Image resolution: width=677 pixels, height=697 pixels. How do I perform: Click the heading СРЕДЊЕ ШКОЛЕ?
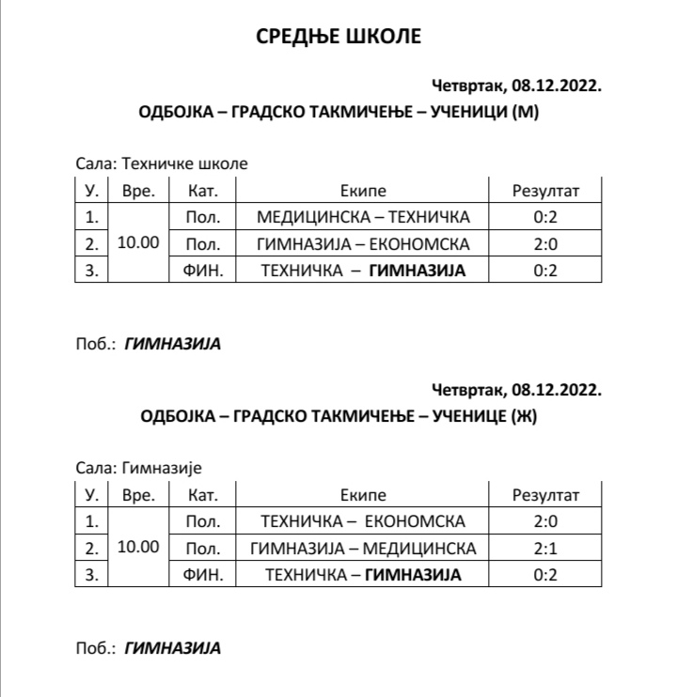[x=338, y=37]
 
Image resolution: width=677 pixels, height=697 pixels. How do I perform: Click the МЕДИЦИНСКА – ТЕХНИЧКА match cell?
[x=363, y=218]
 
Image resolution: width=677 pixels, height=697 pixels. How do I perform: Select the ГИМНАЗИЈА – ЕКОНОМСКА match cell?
[x=363, y=244]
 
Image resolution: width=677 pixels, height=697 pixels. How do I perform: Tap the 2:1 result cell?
[x=545, y=549]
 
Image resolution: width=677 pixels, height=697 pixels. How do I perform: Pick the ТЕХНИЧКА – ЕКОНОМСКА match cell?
[x=363, y=521]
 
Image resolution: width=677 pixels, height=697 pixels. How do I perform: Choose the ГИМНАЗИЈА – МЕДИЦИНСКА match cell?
[x=363, y=549]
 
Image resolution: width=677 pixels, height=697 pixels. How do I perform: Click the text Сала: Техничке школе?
[x=162, y=163]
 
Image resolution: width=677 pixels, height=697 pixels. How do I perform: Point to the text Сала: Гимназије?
[x=139, y=467]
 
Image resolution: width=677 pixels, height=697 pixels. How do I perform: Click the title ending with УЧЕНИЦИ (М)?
[x=338, y=112]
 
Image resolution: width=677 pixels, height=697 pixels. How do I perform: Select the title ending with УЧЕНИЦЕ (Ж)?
[x=338, y=414]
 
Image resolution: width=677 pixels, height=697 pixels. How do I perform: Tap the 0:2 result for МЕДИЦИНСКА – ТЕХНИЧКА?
[x=545, y=218]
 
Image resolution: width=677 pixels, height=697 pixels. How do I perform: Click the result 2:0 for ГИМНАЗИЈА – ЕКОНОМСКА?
[x=545, y=244]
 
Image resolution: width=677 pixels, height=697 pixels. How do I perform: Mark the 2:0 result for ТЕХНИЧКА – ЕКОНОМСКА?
[x=545, y=521]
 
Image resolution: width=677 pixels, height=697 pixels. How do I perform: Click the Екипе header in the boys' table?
[x=363, y=191]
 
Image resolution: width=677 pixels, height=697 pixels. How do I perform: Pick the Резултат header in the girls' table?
[x=545, y=495]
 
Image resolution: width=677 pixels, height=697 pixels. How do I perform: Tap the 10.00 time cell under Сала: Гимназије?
[x=138, y=548]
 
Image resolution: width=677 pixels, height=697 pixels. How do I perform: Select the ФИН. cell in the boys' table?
[x=203, y=271]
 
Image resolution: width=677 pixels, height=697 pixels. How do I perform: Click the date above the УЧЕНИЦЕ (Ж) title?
[x=516, y=389]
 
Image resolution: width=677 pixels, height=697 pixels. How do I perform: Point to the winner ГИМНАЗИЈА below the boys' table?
[x=173, y=344]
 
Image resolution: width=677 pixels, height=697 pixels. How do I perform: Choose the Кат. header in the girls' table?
[x=203, y=495]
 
